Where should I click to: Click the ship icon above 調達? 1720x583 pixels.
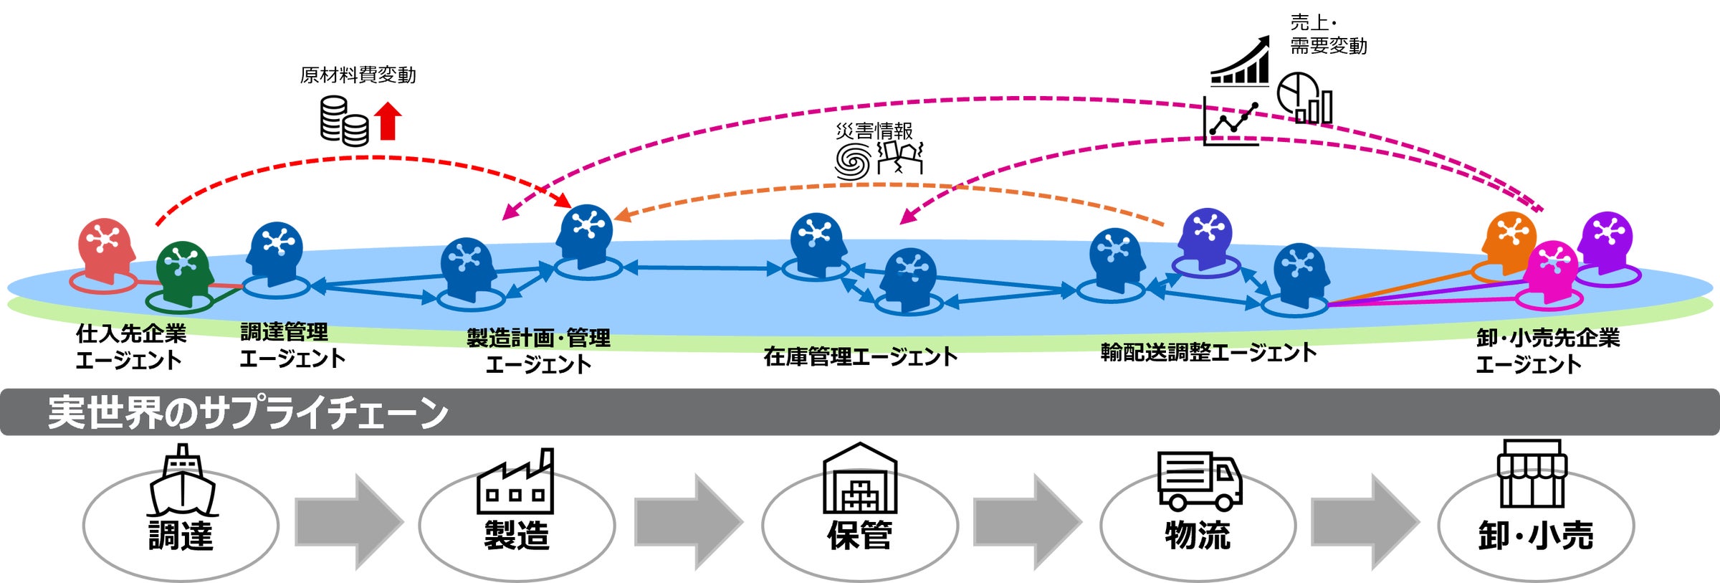[182, 480]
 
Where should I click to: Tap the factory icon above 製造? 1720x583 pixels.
[515, 482]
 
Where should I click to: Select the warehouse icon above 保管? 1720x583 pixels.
[859, 478]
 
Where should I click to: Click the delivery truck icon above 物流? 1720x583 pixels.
[1199, 480]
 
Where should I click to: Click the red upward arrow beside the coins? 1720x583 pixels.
[388, 120]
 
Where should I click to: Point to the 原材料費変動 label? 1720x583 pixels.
[358, 75]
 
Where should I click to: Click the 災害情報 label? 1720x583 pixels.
[874, 131]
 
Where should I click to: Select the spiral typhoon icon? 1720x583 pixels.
[853, 161]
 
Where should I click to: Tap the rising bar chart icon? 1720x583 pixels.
[1240, 63]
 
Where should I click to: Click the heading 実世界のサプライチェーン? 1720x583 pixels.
[247, 412]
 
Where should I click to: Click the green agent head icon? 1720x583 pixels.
[184, 269]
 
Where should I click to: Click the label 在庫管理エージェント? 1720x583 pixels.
[860, 356]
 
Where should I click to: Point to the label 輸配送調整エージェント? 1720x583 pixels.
[1208, 352]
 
